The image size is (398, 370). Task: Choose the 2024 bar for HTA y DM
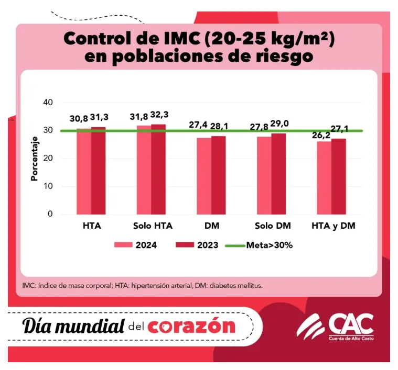click(x=324, y=178)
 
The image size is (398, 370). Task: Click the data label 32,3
click(x=160, y=115)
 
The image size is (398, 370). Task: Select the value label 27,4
click(x=198, y=126)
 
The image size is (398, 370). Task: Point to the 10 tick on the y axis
click(x=48, y=186)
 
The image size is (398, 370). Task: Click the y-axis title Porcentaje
click(x=35, y=159)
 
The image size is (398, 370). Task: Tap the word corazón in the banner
click(x=191, y=326)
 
